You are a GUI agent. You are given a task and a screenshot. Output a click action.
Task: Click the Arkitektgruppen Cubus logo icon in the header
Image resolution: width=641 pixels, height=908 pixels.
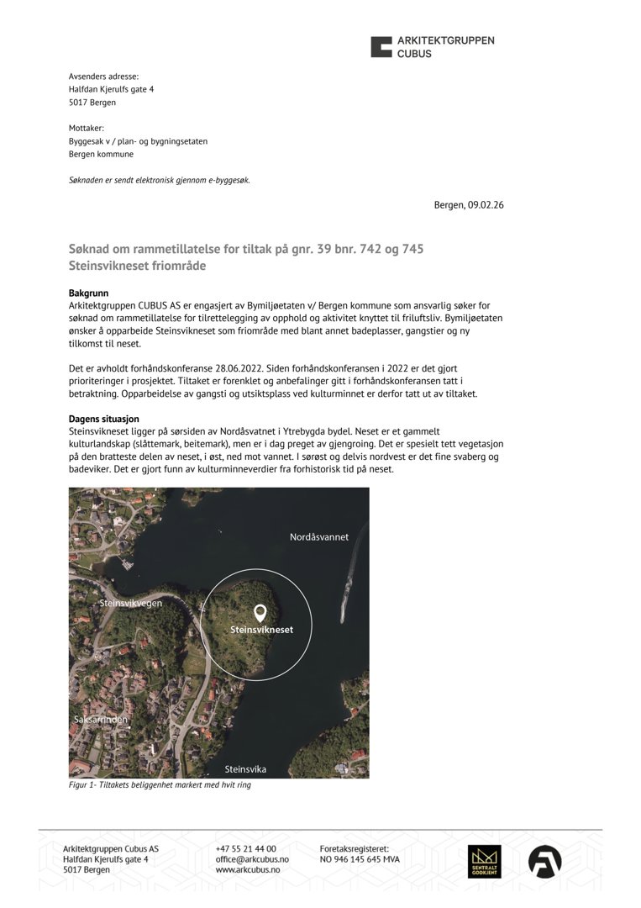381,46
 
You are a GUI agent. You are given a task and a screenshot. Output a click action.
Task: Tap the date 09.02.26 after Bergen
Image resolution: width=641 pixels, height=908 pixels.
486,205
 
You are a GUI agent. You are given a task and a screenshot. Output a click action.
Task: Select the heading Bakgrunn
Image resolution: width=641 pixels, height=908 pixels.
89,293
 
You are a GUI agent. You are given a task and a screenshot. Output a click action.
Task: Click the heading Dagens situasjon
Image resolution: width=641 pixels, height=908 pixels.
103,419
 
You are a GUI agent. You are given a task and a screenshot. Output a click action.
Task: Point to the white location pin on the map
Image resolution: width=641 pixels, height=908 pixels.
260,613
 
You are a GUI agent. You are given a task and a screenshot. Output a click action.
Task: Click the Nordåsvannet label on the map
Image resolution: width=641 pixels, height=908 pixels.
318,536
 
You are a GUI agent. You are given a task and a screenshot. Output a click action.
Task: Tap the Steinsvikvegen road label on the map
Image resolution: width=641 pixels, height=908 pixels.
131,603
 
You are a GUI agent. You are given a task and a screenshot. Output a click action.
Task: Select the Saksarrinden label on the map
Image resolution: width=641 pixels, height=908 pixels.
101,720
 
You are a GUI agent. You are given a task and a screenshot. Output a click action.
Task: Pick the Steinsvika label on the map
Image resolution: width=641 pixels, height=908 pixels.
245,768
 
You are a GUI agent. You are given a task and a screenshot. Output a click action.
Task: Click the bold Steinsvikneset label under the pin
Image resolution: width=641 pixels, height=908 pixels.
262,630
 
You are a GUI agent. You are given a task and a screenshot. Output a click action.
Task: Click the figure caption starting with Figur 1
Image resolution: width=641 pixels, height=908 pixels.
160,785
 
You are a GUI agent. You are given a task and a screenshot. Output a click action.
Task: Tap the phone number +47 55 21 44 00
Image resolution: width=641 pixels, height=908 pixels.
245,849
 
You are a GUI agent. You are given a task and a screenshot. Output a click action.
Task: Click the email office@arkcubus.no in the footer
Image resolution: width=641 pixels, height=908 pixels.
252,859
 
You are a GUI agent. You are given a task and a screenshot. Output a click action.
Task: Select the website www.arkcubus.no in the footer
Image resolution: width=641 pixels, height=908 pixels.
248,870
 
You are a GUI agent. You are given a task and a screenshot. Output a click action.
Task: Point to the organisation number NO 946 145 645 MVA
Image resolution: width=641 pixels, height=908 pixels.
360,859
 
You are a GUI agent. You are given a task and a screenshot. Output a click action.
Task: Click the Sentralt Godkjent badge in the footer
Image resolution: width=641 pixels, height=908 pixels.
485,862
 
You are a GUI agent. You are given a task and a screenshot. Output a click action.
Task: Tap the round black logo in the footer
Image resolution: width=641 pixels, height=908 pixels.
544,862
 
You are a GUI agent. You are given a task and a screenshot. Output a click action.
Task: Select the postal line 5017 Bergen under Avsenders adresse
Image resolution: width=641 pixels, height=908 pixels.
92,103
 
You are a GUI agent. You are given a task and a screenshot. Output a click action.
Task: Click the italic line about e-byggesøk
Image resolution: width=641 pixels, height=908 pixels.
160,180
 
